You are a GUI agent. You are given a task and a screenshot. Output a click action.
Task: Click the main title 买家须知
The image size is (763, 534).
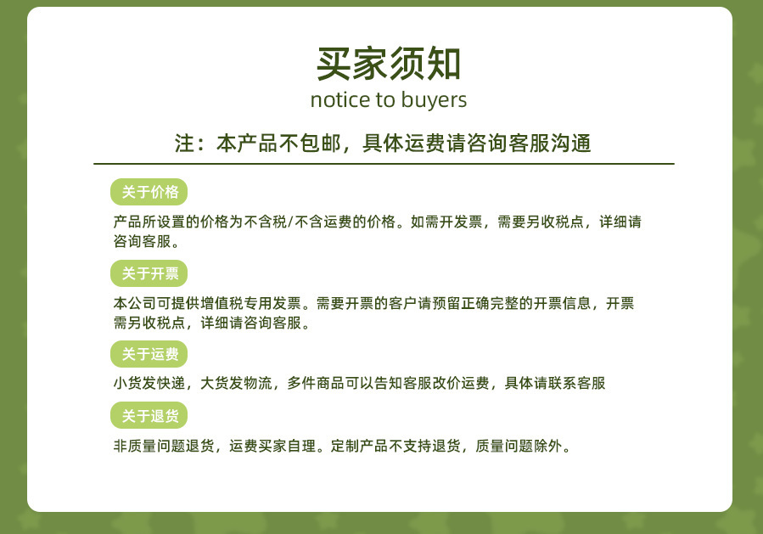pos(389,64)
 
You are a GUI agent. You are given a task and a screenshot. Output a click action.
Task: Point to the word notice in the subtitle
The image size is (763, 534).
pos(340,100)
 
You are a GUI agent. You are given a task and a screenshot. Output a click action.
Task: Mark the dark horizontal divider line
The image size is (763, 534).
pos(384,164)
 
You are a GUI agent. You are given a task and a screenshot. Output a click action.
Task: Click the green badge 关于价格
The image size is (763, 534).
pos(149,192)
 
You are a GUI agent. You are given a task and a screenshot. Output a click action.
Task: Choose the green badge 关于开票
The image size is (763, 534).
pos(149,273)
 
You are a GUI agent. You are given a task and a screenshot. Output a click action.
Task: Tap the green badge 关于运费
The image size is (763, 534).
pos(149,354)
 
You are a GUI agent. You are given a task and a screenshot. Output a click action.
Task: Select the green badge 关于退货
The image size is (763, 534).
pos(149,416)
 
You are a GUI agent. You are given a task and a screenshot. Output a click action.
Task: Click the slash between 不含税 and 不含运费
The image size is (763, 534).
pos(290,222)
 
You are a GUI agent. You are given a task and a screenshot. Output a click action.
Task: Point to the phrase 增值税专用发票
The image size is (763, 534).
pos(251,303)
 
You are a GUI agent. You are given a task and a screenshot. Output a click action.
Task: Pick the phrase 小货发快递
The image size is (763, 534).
pos(149,383)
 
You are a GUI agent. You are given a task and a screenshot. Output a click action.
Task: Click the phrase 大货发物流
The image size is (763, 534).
pos(236,383)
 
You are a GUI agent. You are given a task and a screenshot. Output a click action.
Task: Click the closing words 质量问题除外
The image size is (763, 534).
pos(519,446)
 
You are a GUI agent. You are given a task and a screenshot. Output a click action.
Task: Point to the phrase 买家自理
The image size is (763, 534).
pos(287,446)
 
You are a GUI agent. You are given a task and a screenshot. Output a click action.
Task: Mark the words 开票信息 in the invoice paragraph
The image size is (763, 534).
pos(562,303)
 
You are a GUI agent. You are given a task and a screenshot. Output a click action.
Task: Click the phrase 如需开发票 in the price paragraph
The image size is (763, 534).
pos(446,222)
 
